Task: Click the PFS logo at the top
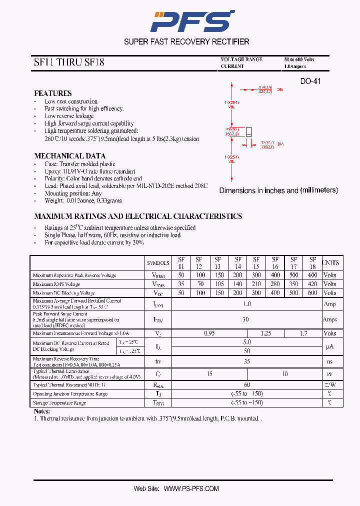coord(193,21)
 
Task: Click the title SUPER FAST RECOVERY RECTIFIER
coord(186,42)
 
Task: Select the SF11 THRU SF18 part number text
coord(69,63)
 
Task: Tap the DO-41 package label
coord(310,81)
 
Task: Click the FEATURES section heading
coord(52,93)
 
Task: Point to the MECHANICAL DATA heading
coord(69,155)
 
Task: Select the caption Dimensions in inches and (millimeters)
coord(278,190)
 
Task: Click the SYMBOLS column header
coord(158,263)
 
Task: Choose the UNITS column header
coord(330,263)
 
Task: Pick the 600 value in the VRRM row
coord(312,275)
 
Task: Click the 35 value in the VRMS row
coord(180,284)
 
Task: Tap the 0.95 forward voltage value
coord(209,333)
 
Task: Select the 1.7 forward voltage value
coord(303,333)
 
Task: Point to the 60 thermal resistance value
coord(246,385)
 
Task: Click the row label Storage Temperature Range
coord(59,403)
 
